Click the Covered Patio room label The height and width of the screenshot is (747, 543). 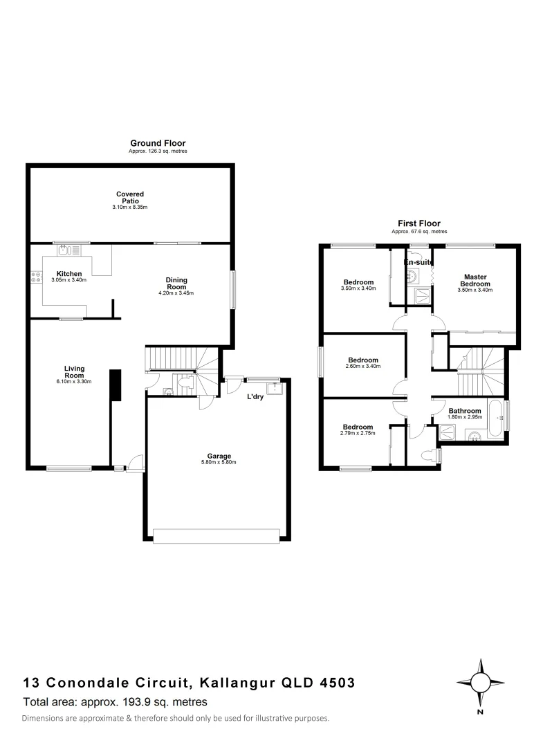tap(130, 198)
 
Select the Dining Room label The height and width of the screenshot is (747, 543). tap(176, 284)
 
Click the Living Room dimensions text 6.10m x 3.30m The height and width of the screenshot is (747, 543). tap(74, 381)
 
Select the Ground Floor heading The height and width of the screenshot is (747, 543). tap(158, 143)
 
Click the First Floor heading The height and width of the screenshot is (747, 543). tap(418, 223)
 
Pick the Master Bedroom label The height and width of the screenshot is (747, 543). tap(475, 280)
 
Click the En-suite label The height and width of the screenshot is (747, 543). tap(418, 264)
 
